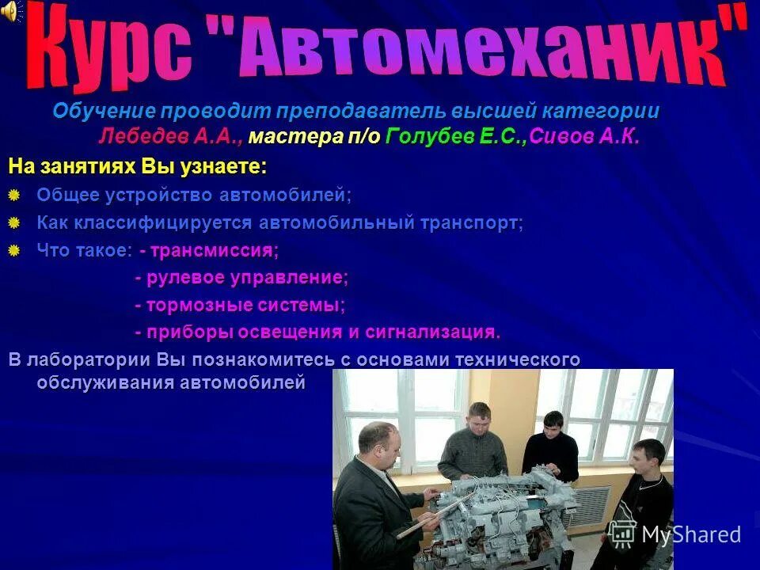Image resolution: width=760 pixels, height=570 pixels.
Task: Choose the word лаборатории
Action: click(88, 359)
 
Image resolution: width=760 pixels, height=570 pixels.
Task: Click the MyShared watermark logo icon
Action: click(622, 534)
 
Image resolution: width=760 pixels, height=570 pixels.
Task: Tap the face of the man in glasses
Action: click(378, 444)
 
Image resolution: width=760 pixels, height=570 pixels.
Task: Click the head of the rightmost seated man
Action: click(648, 458)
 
